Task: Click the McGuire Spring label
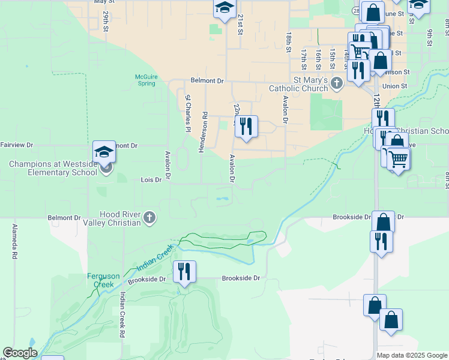coord(146,80)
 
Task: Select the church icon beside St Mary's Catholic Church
coord(336,82)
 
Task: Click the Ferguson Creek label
coord(104,280)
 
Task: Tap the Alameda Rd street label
coord(13,241)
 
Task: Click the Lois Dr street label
coord(151,179)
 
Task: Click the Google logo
coord(20,352)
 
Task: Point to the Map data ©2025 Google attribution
coord(411,355)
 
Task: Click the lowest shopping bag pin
coord(391,322)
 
